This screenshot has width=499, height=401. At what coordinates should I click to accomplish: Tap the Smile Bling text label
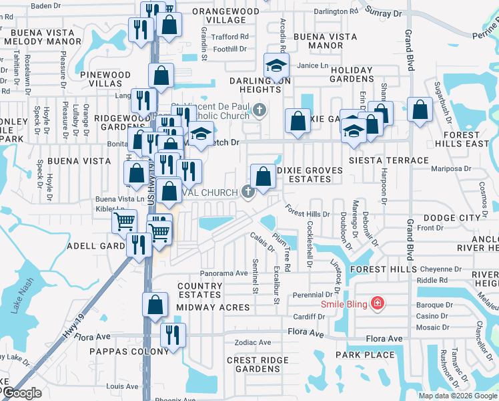coord(345,304)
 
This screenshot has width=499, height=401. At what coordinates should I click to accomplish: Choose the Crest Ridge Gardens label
coord(253,364)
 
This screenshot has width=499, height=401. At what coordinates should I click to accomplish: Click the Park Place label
coord(365,354)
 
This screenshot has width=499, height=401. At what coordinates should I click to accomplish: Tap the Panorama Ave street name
coord(224,273)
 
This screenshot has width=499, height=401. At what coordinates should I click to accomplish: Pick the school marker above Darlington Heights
coord(276,65)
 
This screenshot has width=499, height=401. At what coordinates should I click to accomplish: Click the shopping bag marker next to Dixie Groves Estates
coord(264,176)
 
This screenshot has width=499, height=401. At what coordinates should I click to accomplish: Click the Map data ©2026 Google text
coord(457,396)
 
